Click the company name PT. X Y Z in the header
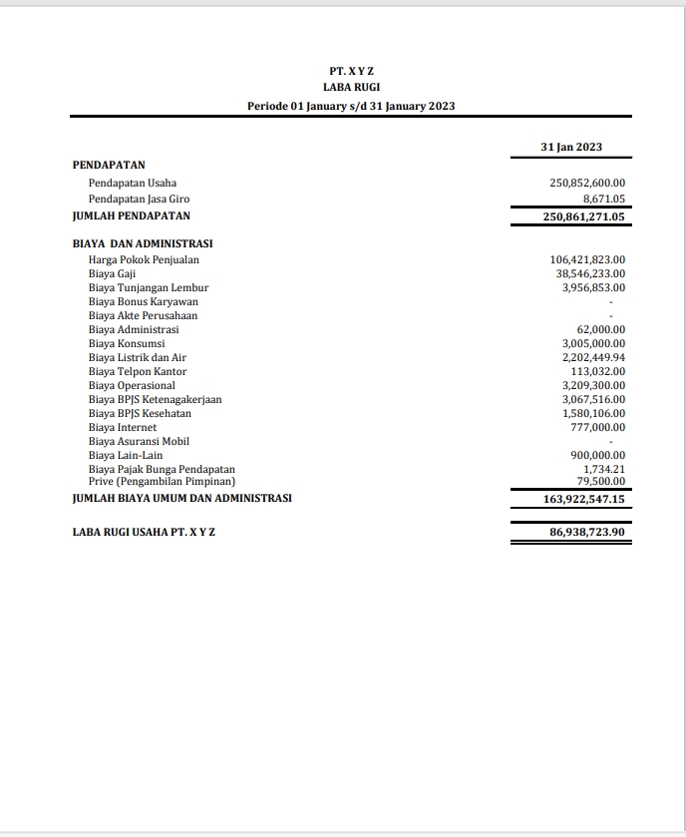click(x=351, y=71)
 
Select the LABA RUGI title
click(x=351, y=87)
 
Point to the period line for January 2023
click(x=351, y=105)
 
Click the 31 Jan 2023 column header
click(x=571, y=147)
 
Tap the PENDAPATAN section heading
click(x=110, y=164)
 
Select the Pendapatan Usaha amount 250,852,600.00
click(x=587, y=184)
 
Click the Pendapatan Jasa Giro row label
click(x=139, y=200)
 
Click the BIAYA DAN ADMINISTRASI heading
click(x=143, y=242)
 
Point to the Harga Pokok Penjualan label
click(x=144, y=260)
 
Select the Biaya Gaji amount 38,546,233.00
click(x=590, y=273)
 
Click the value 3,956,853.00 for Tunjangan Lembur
click(x=593, y=287)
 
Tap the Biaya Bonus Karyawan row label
click(x=143, y=301)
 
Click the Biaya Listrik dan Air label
click(x=138, y=357)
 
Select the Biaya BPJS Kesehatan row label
click(x=140, y=413)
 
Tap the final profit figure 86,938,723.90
click(x=587, y=533)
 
